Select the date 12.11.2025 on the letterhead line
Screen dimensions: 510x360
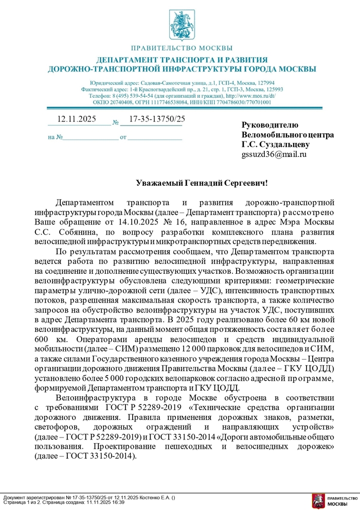coord(77,119)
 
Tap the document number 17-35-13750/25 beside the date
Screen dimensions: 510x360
coord(157,119)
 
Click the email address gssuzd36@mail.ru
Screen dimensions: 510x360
coord(274,154)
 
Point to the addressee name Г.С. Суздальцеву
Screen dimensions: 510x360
coord(276,144)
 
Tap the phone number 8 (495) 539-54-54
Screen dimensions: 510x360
coord(134,96)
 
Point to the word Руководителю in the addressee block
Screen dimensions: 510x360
coord(269,125)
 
